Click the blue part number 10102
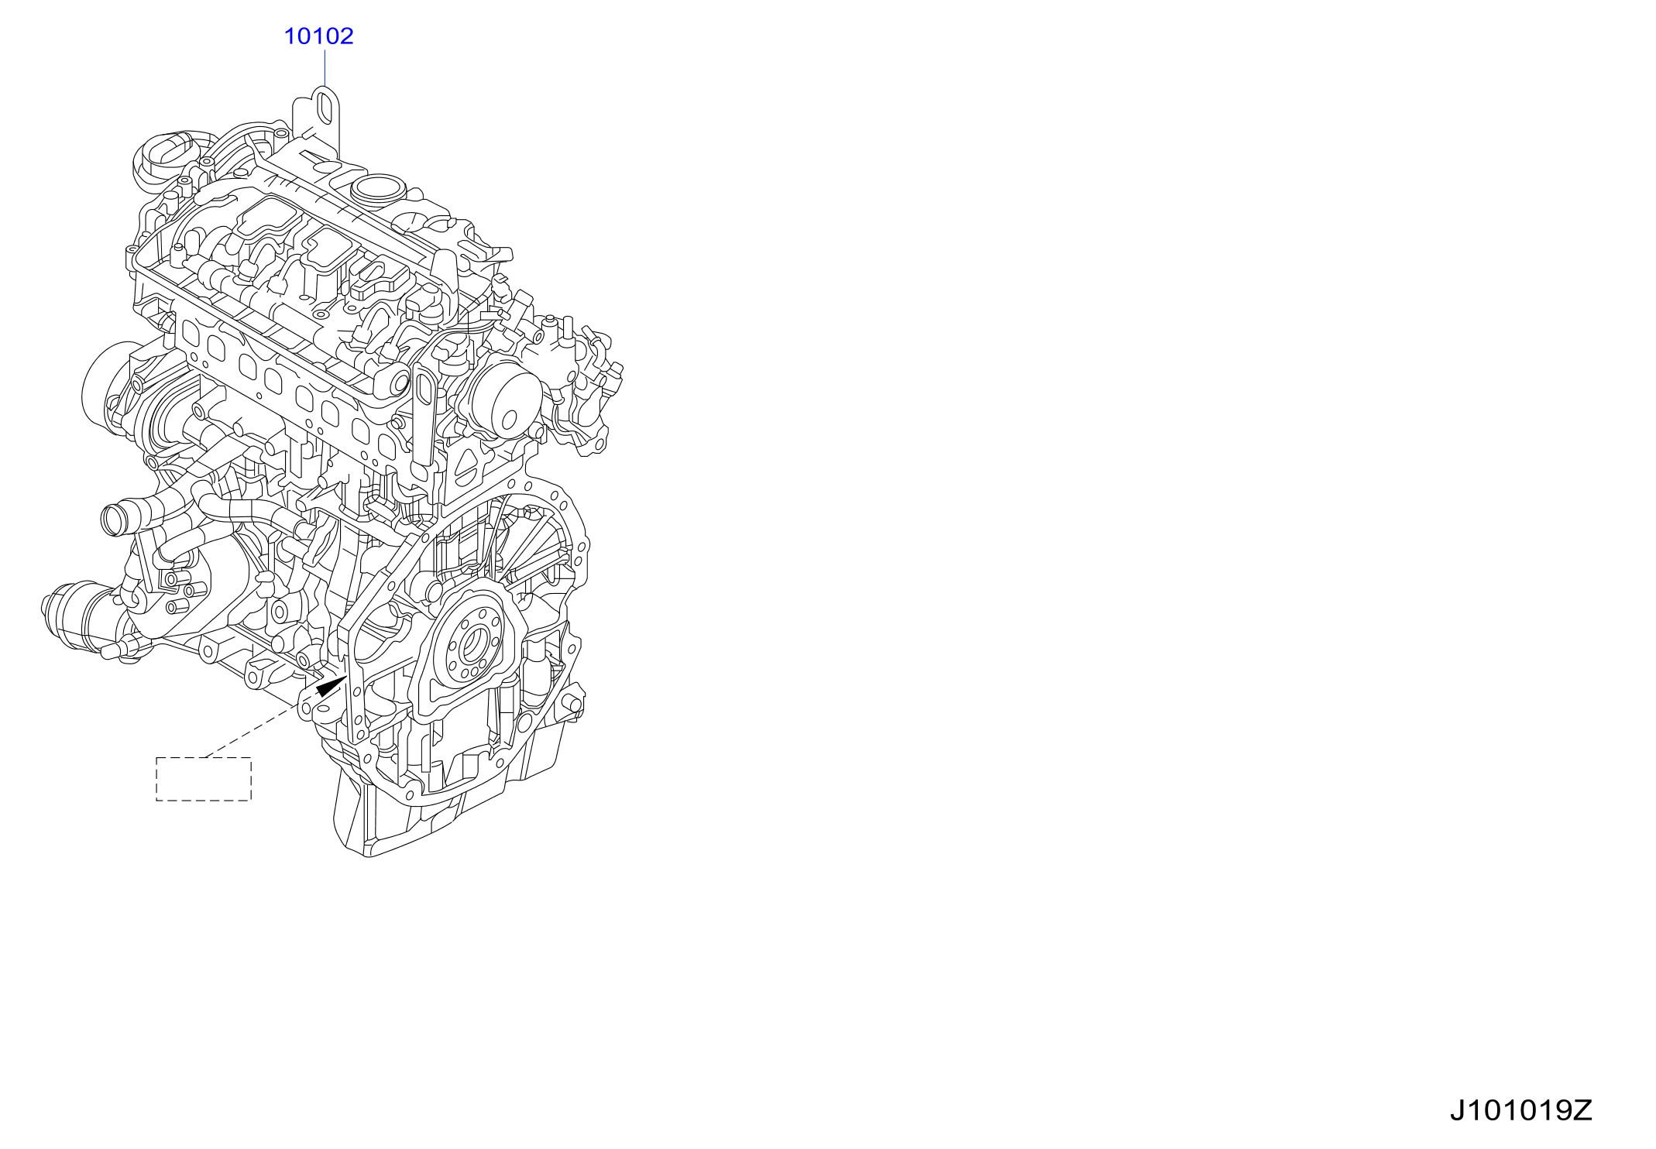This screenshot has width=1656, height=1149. [318, 36]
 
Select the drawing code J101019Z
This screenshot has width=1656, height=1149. [1520, 1110]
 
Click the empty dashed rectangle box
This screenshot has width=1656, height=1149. [204, 779]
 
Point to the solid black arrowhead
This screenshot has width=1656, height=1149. [331, 686]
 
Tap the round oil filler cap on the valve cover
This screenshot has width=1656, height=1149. [379, 188]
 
